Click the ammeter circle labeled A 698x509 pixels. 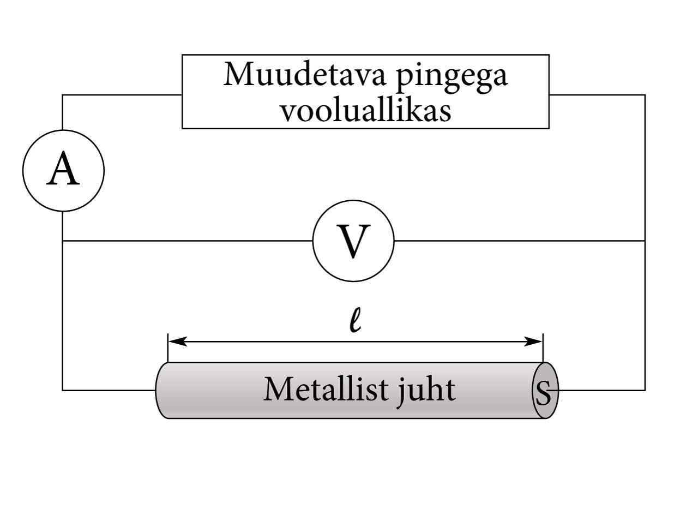(63, 170)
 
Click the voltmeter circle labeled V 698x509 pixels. (353, 241)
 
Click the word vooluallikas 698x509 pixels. (365, 110)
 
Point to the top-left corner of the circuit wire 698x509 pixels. (63, 95)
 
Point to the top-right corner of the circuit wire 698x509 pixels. (645, 95)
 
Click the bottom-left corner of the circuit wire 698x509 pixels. (63, 390)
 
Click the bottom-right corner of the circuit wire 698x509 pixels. (645, 390)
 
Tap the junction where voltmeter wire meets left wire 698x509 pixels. (63, 241)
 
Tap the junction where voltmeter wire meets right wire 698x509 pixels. (645, 241)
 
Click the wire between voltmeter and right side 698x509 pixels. (518, 241)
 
